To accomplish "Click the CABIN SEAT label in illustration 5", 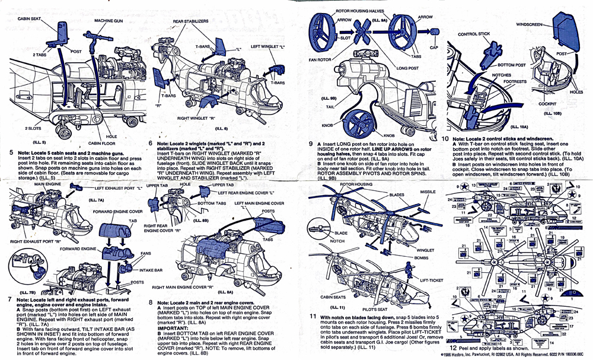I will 28,18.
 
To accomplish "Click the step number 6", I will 151,144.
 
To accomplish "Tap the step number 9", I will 311,144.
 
